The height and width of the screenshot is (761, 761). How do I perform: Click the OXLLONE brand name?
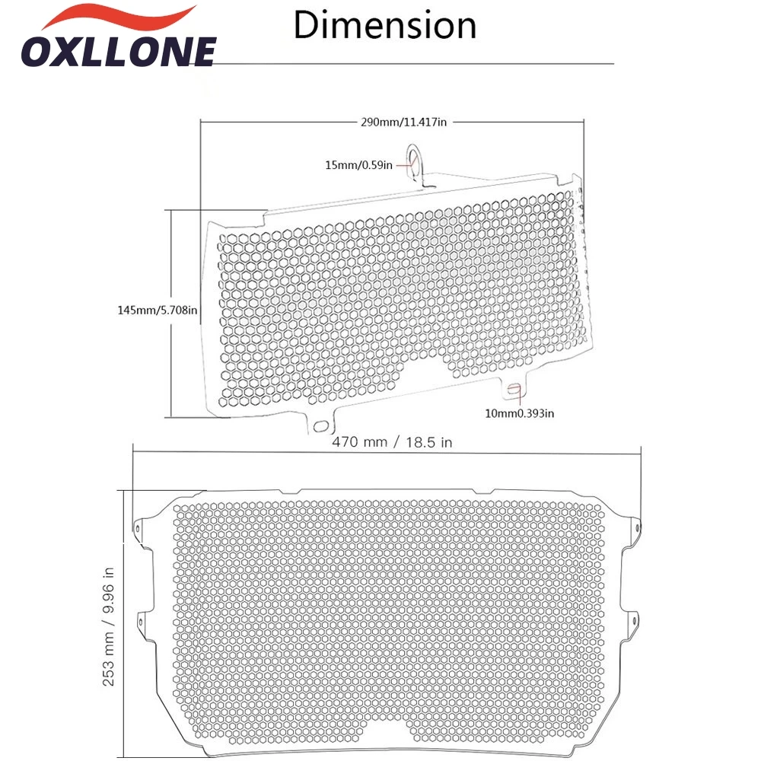119,52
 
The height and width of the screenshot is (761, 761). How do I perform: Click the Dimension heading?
385,25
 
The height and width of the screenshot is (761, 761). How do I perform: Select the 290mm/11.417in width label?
403,122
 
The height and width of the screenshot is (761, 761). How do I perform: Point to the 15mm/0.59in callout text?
358,165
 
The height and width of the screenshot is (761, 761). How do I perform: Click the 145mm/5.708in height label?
158,310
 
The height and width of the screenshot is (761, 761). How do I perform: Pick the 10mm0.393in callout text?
519,413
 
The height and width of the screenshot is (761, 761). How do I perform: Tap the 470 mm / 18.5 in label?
392,442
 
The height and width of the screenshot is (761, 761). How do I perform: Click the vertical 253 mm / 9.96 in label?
108,626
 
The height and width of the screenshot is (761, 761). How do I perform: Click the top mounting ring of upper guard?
413,156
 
